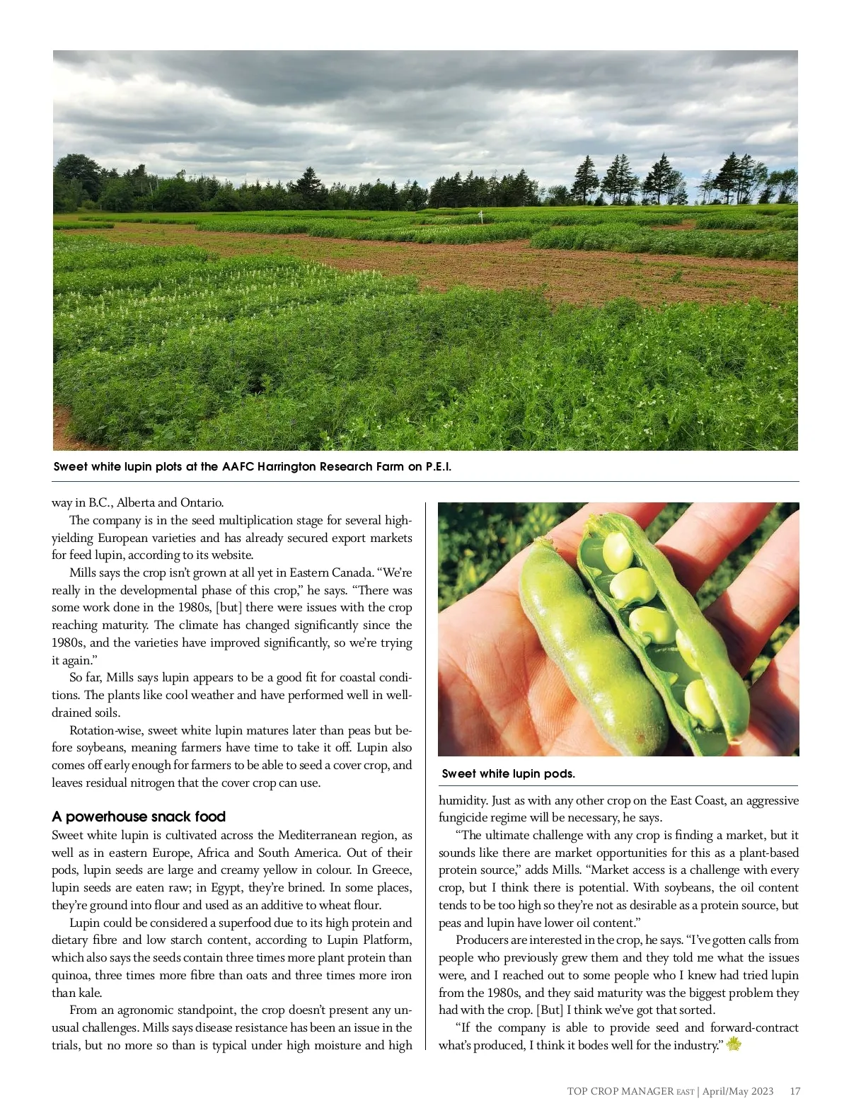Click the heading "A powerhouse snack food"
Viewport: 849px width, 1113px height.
[x=139, y=817]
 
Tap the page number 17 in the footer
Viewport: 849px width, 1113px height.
[x=795, y=1091]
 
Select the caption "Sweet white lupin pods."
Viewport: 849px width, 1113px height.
[x=508, y=773]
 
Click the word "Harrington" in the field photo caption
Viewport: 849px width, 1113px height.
[x=287, y=467]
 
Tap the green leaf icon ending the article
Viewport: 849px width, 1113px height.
[x=734, y=1044]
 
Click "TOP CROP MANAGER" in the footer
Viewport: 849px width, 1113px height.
[x=620, y=1091]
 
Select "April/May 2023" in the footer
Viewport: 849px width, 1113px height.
[x=738, y=1091]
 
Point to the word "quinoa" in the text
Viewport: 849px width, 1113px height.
[x=70, y=975]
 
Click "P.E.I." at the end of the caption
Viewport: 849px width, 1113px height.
[x=438, y=467]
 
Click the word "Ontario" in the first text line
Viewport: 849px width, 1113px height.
[x=202, y=502]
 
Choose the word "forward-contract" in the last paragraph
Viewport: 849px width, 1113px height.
[x=754, y=1027]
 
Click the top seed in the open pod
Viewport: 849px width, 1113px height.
[x=617, y=552]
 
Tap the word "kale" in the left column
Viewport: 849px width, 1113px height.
[x=91, y=993]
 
